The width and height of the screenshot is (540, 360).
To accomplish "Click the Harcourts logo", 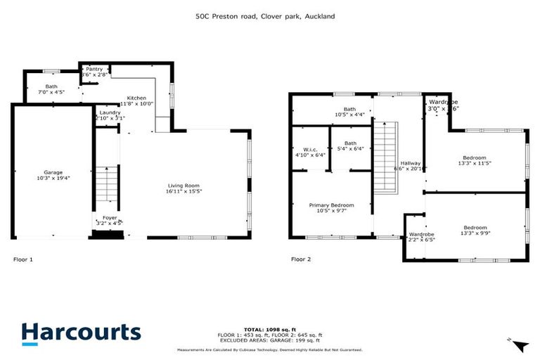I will coord(81,333).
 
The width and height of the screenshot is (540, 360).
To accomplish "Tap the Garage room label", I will coord(53,176).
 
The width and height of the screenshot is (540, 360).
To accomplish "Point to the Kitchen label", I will coord(136,101).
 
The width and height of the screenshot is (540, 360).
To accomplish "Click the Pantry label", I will coord(94,72).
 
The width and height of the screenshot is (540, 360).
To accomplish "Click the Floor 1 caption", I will coord(23,259).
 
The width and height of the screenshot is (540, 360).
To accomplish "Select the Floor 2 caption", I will coord(301,259).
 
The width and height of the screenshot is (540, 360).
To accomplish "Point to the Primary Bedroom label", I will coord(331,209).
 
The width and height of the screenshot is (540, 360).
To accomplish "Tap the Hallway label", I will coord(410,166).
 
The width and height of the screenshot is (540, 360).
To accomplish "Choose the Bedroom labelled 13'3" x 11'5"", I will coord(475,160).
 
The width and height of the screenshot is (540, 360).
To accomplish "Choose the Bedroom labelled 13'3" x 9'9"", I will coord(475,231).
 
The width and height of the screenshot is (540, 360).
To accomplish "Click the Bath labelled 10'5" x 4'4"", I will coord(349,112).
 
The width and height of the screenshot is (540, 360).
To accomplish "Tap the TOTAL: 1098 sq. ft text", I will coord(270,329).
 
